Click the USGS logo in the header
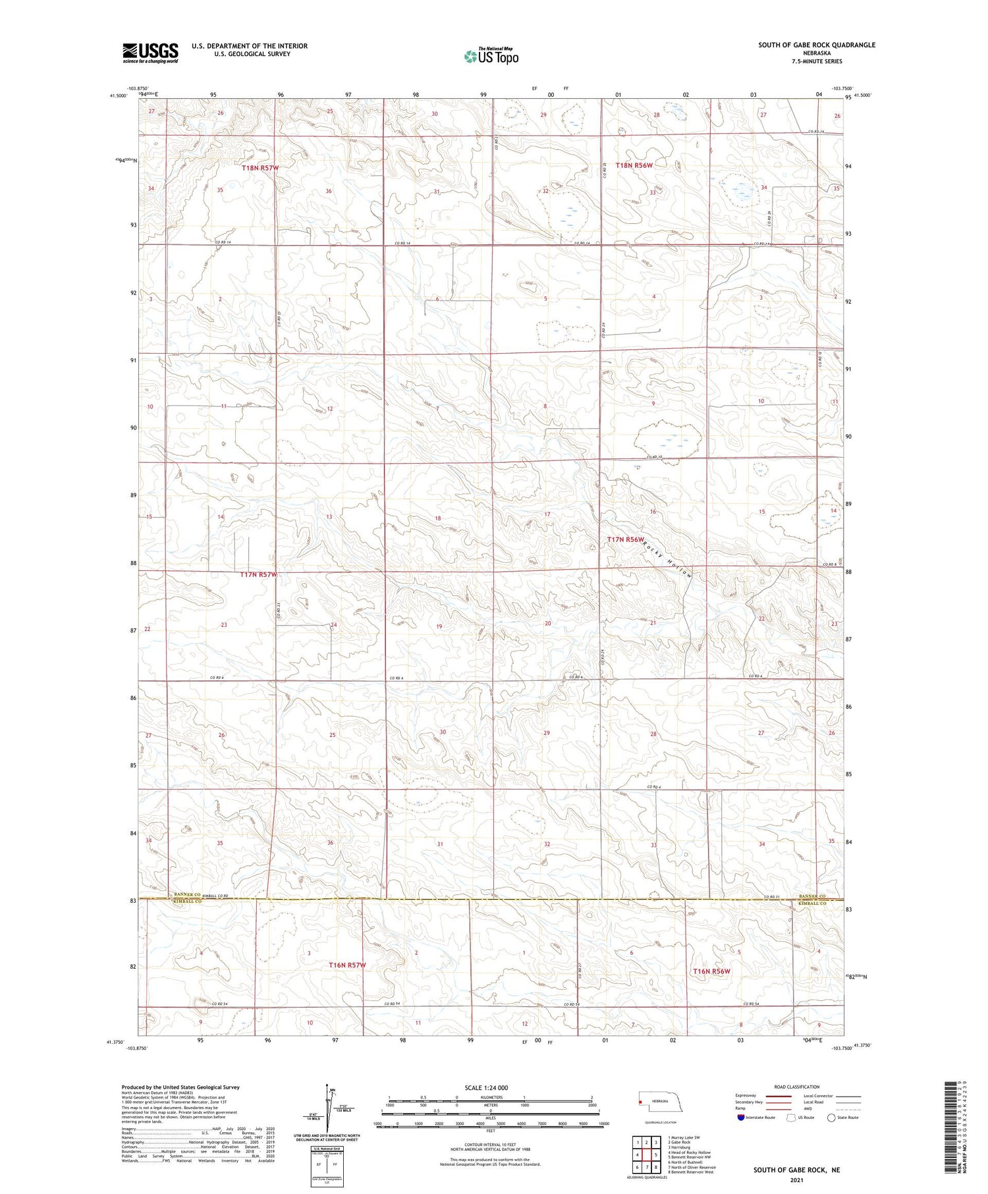(x=150, y=53)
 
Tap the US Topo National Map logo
(x=491, y=57)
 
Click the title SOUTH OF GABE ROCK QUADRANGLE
(x=817, y=45)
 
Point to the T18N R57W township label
(x=260, y=168)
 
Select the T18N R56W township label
(x=634, y=165)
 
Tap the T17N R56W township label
(x=625, y=539)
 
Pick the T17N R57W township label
(x=258, y=574)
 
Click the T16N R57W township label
(x=346, y=965)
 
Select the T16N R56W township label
(x=711, y=971)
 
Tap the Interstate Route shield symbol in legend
(x=741, y=1118)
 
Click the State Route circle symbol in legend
(x=831, y=1118)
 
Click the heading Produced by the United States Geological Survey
(x=180, y=1087)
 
